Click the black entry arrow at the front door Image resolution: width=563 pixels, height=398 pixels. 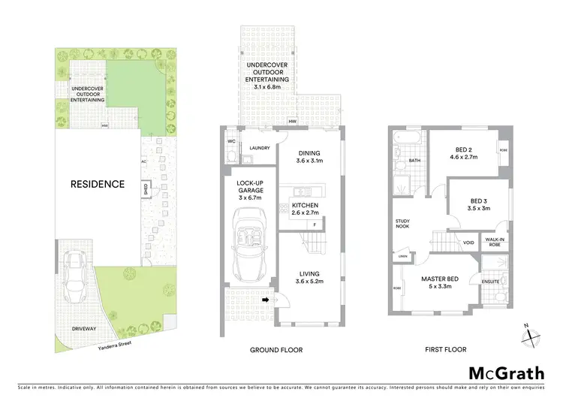(265, 301)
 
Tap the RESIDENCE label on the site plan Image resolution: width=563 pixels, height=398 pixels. (97, 183)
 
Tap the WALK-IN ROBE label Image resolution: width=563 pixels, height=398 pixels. (492, 243)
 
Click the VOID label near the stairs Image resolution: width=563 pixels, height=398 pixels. (468, 243)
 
